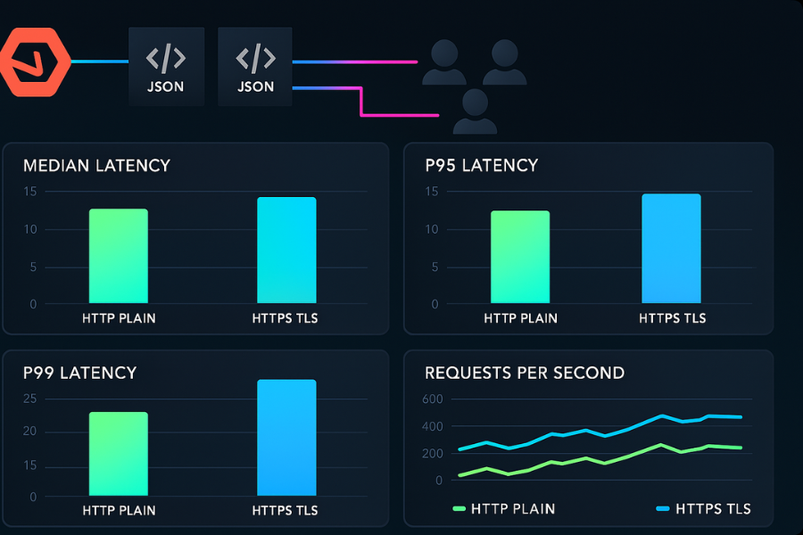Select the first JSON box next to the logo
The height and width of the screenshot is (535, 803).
click(x=165, y=66)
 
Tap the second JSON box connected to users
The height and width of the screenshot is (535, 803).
click(x=255, y=66)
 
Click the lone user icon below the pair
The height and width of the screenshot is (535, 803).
click(x=474, y=111)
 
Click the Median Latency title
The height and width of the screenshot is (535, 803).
click(x=96, y=166)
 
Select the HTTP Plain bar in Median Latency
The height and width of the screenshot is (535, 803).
click(x=119, y=257)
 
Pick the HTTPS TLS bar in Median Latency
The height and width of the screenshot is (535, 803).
click(x=286, y=251)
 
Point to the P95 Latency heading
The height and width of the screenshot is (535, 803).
click(x=482, y=165)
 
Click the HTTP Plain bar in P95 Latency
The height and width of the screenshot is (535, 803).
click(x=520, y=258)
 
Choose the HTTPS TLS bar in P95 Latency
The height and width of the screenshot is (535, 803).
click(x=671, y=249)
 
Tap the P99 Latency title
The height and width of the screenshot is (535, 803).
click(x=79, y=373)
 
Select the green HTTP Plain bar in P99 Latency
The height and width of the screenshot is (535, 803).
click(x=119, y=453)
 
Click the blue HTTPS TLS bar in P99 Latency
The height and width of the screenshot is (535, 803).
click(x=286, y=437)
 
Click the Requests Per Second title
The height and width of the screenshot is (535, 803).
click(x=525, y=373)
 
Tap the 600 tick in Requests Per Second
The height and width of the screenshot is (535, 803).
click(x=432, y=399)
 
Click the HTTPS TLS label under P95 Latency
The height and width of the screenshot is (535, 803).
click(x=671, y=318)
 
